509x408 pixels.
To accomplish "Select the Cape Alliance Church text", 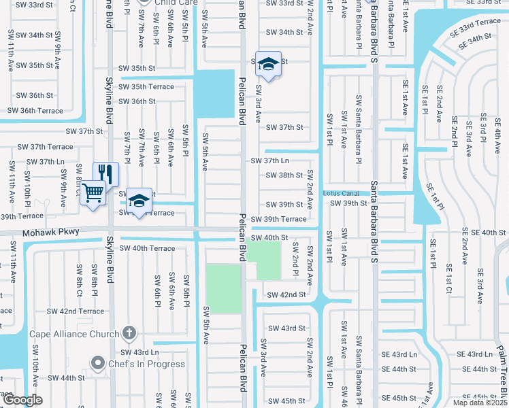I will click(x=73, y=334).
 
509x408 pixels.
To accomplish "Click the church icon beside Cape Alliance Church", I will click(x=129, y=333).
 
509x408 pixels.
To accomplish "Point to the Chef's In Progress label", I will click(x=146, y=364).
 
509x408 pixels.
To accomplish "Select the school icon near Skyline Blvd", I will click(x=139, y=201).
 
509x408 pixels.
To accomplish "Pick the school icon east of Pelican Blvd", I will click(x=268, y=65).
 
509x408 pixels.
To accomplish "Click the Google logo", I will click(x=22, y=400).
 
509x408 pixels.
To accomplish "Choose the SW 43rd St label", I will click(x=286, y=328).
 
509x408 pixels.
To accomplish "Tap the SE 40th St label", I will click(x=485, y=233).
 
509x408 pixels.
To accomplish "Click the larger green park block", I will click(x=224, y=288).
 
